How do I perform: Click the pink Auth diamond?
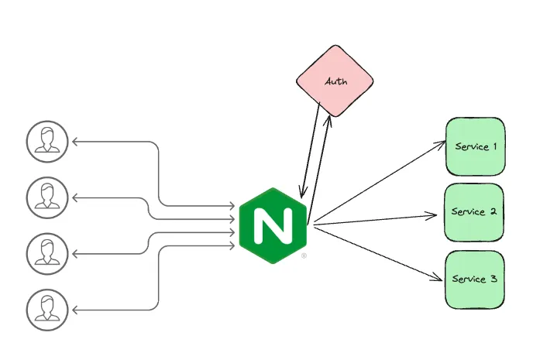[x=335, y=80]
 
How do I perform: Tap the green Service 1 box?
[x=475, y=146]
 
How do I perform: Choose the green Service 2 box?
[x=474, y=212]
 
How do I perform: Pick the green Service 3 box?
[x=474, y=279]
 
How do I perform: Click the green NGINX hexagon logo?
[x=273, y=225]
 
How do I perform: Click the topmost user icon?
[x=47, y=142]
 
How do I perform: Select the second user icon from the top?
[x=47, y=197]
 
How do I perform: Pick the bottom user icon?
[x=47, y=308]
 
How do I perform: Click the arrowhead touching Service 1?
[x=442, y=142]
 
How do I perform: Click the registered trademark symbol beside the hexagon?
[x=304, y=255]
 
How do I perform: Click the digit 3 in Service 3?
[x=494, y=279]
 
